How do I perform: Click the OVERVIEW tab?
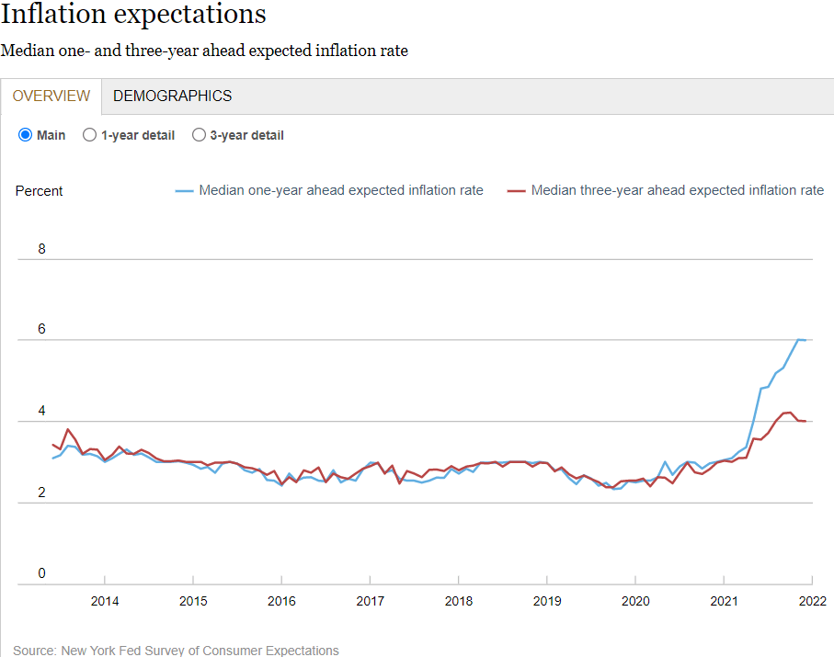51,96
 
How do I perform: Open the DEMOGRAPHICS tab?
172,96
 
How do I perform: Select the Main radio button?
26,135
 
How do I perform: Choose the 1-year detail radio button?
90,135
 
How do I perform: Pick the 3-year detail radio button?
199,135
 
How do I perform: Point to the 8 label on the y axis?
41,249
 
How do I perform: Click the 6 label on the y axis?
41,330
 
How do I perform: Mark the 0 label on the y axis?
41,574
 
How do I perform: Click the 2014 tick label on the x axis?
105,602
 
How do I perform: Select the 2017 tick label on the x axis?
370,602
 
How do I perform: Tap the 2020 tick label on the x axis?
635,602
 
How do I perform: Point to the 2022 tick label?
812,602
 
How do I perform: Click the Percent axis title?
40,191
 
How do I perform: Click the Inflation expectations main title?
133,16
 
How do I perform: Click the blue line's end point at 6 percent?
805,340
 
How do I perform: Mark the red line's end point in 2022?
805,421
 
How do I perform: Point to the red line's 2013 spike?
68,429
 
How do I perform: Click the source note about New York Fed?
176,651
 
